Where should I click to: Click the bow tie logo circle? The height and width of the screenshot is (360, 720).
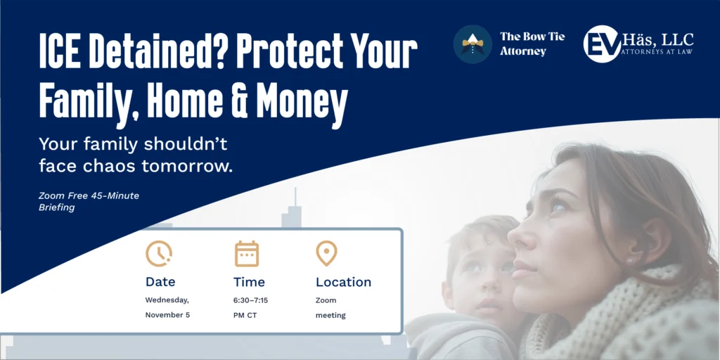472,44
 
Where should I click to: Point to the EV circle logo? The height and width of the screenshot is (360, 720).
602,44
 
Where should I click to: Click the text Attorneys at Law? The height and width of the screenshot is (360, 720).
657,51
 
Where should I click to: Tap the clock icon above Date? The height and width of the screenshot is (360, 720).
159,253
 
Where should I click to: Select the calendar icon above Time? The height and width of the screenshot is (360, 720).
247,253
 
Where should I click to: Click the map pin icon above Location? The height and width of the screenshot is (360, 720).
326,253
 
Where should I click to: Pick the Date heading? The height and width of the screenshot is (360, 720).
160,281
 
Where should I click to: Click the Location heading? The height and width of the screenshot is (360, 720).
343,282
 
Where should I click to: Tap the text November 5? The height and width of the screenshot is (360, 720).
167,315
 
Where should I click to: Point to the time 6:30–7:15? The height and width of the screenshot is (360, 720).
251,300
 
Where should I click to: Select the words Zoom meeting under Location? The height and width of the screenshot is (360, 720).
330,308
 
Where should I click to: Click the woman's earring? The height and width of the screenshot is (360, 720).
631,262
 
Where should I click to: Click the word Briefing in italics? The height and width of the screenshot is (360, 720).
56,208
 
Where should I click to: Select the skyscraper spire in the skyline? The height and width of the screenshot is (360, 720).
295,198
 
